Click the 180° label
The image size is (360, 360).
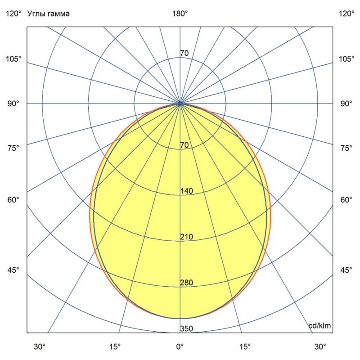(x=180, y=13)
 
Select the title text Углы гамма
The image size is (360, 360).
(x=49, y=13)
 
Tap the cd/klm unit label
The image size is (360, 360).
(x=319, y=326)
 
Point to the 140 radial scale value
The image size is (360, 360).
(x=186, y=191)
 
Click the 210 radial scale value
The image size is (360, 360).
(x=186, y=237)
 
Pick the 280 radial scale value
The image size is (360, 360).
(x=186, y=283)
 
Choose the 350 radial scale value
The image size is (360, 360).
(x=186, y=328)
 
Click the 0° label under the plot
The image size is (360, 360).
(x=180, y=347)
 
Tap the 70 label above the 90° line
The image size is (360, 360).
(x=184, y=54)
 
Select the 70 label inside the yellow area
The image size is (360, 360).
(x=184, y=145)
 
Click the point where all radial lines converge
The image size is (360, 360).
(x=180, y=103)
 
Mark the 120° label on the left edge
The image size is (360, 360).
(x=13, y=13)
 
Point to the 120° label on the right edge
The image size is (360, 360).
(x=346, y=13)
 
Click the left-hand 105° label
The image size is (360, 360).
(x=13, y=59)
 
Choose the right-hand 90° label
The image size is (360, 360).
(x=346, y=103)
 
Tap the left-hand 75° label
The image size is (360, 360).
(x=13, y=148)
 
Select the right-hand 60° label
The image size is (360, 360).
(x=346, y=200)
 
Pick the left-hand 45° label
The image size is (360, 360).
(x=13, y=270)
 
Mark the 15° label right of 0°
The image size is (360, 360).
(x=246, y=347)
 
